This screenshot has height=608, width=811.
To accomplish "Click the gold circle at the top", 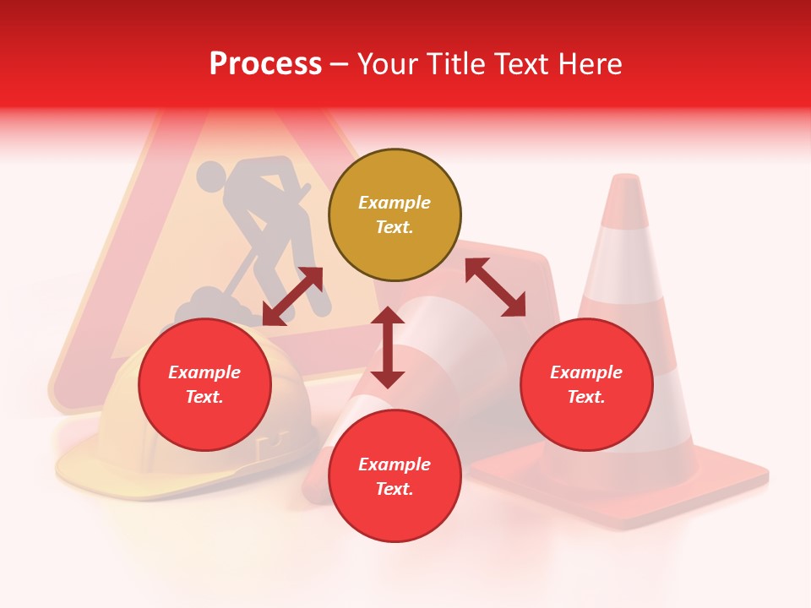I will pyautogui.click(x=395, y=214).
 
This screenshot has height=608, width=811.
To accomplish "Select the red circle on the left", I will pyautogui.click(x=204, y=384).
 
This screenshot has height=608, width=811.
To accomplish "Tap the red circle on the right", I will pyautogui.click(x=586, y=384).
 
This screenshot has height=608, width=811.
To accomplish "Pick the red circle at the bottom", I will pyautogui.click(x=395, y=476).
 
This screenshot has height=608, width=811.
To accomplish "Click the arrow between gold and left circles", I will pyautogui.click(x=292, y=296).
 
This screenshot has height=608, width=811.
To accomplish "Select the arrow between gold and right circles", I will pyautogui.click(x=495, y=287).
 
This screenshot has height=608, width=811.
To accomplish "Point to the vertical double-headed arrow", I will pyautogui.click(x=388, y=347).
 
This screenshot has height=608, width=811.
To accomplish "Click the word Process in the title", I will pyautogui.click(x=265, y=63).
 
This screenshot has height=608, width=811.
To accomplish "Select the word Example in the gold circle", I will pyautogui.click(x=395, y=203).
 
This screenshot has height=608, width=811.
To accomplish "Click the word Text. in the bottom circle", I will pyautogui.click(x=395, y=489).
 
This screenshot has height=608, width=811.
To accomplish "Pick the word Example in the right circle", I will pyautogui.click(x=586, y=372).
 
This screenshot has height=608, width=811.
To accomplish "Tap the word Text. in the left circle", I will pyautogui.click(x=204, y=397).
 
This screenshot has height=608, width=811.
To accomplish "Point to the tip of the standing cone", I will pyautogui.click(x=626, y=179).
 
